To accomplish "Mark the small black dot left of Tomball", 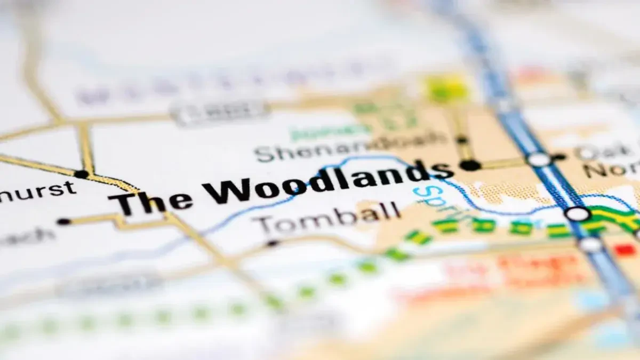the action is point(273,243).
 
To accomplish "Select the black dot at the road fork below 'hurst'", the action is point(81,174).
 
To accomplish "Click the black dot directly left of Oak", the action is point(559,157).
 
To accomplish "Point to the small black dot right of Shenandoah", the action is point(462,140).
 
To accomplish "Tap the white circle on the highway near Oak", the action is point(539,159).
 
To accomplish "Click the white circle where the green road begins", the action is point(578,214).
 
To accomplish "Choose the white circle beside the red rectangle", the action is point(590,245).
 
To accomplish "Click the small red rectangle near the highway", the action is point(625,249).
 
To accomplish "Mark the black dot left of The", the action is point(63,221).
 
